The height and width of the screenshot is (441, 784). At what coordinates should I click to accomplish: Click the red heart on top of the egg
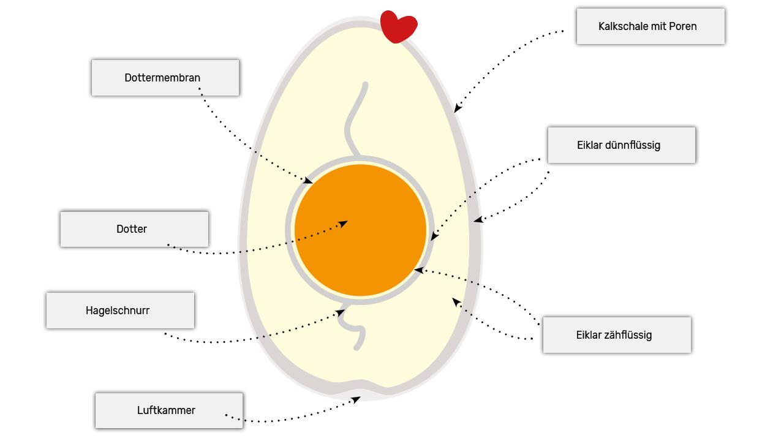pyautogui.click(x=398, y=26)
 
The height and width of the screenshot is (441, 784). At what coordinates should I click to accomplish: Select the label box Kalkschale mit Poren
pyautogui.click(x=650, y=26)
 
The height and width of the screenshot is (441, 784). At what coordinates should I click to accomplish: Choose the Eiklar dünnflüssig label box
pyautogui.click(x=622, y=145)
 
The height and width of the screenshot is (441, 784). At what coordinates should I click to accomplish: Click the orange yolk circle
pyautogui.click(x=360, y=230)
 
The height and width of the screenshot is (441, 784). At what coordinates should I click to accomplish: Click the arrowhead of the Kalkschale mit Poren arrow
pyautogui.click(x=457, y=109)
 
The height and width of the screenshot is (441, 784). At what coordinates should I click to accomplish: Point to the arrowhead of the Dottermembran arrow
pyautogui.click(x=309, y=181)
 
